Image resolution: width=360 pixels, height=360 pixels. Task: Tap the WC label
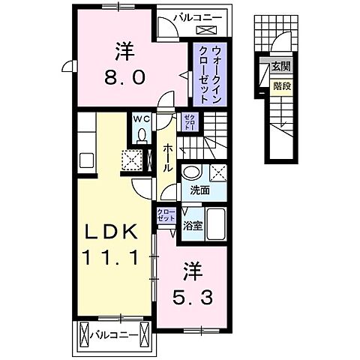coord(142,118)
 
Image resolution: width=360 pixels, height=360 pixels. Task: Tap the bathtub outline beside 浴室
coord(217,221)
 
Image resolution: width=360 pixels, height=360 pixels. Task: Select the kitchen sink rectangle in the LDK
coord(84,162)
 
